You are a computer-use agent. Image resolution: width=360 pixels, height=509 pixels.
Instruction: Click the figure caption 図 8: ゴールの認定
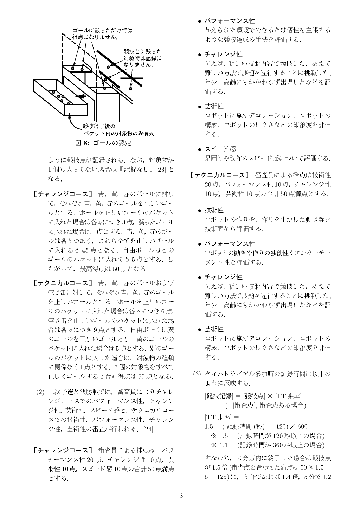[103, 143]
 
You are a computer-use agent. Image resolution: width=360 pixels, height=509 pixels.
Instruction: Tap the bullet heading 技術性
[214, 210]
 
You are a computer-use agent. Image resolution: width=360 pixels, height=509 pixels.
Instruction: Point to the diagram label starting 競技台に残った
[142, 58]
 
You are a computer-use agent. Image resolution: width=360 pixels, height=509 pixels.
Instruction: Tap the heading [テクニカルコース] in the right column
[219, 175]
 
